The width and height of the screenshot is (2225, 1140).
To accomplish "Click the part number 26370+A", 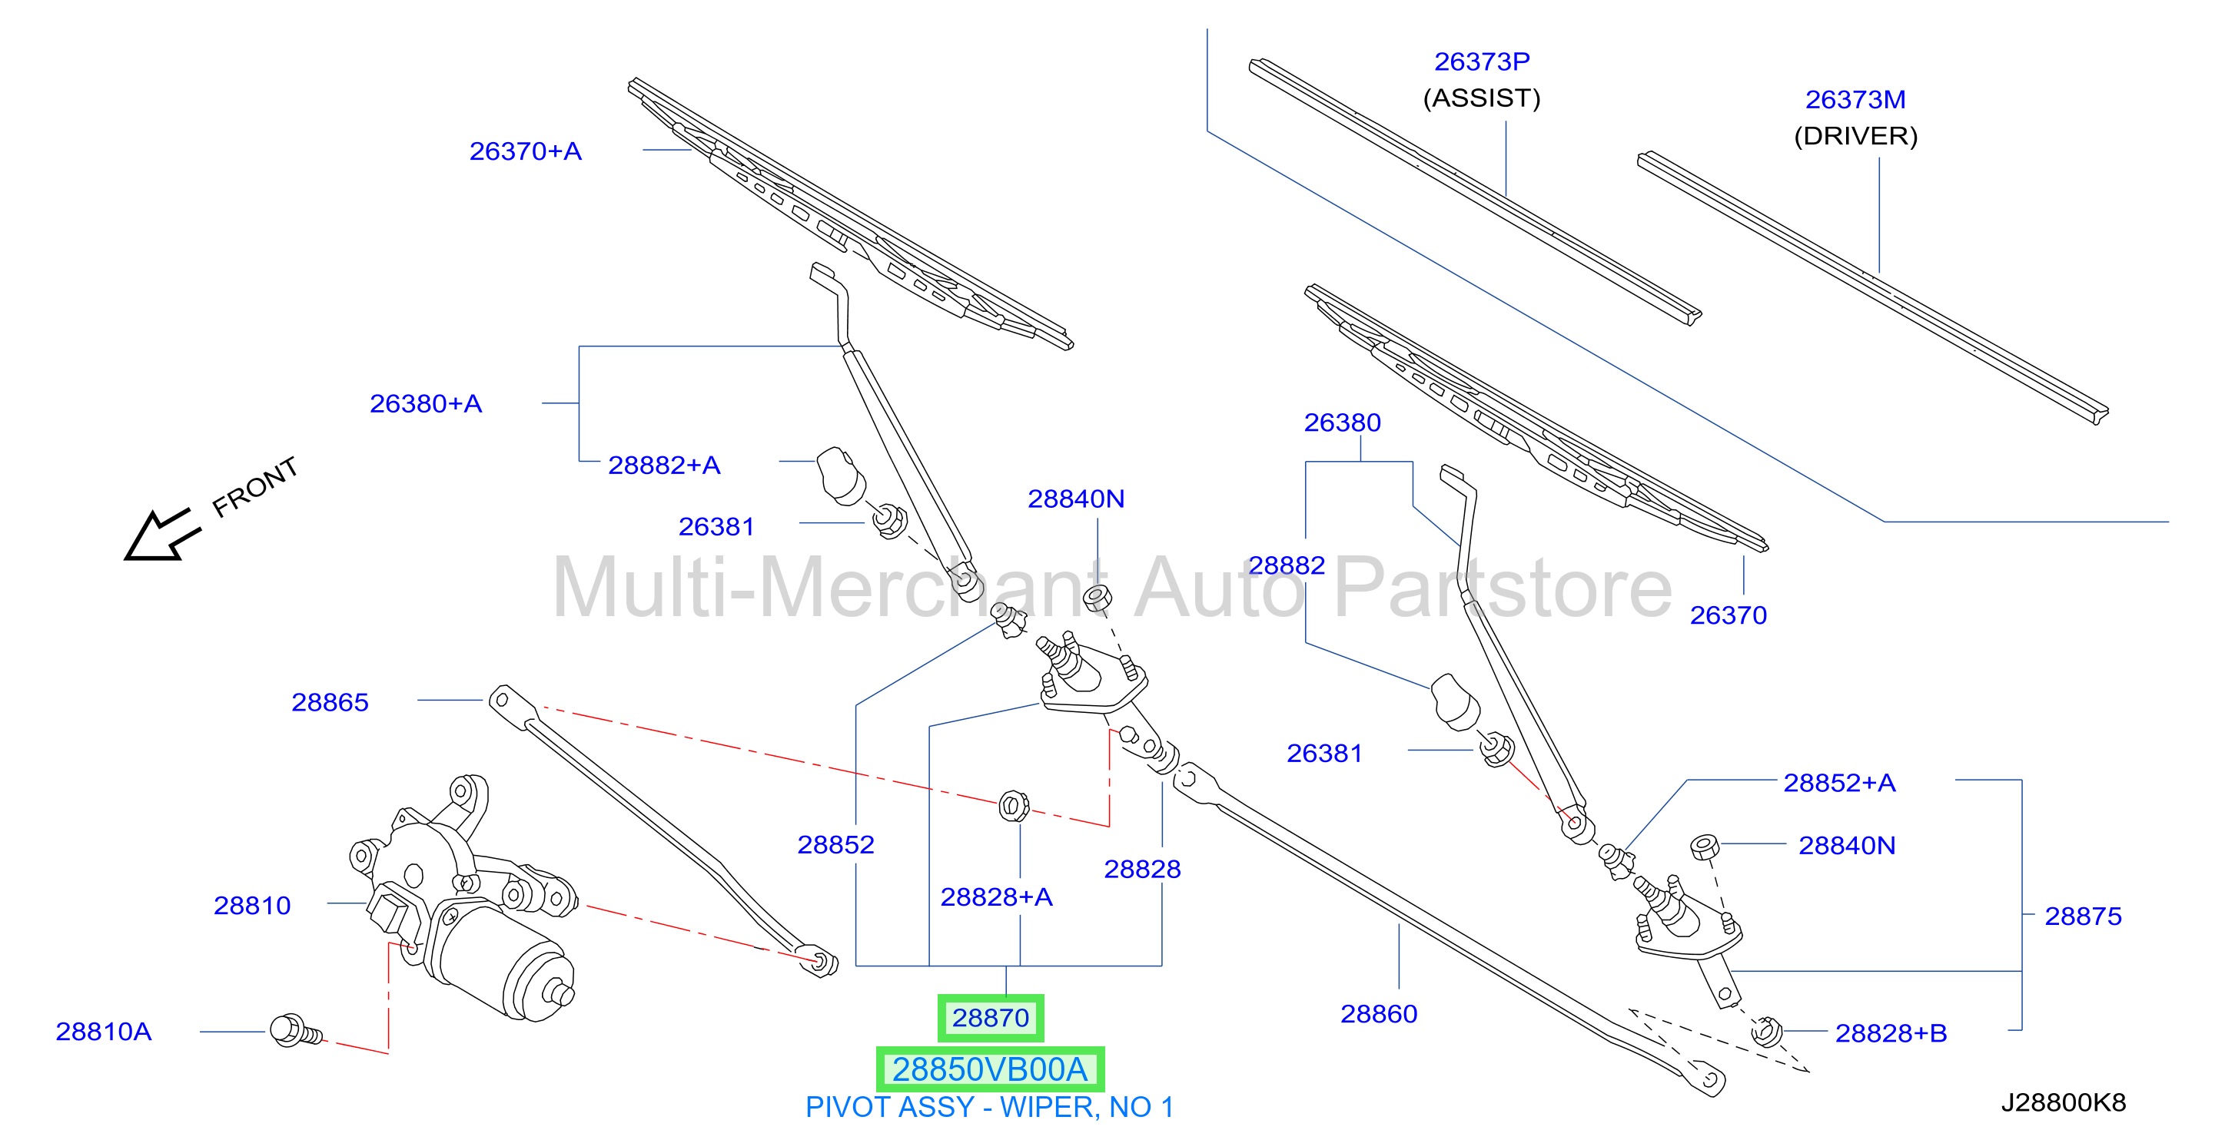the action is click(x=525, y=151).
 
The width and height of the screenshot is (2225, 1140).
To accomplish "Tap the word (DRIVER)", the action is click(x=1855, y=136).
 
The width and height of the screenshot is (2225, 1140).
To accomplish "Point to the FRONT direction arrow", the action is click(x=162, y=535).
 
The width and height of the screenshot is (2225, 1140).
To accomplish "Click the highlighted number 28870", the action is click(x=990, y=1017).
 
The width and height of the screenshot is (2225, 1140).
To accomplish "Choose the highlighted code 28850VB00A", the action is click(x=990, y=1069).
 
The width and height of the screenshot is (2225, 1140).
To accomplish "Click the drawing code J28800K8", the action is click(x=2064, y=1102).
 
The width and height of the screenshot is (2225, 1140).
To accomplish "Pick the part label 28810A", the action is click(x=104, y=1031).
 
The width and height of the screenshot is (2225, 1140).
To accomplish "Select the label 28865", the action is click(x=330, y=702).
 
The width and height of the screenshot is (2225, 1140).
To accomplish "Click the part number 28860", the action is click(x=1379, y=1013).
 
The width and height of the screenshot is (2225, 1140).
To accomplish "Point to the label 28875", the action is click(x=2083, y=916).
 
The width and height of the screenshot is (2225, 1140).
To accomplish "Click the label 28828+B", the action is click(x=1891, y=1033).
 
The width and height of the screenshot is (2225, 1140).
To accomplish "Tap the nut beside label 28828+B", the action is click(x=1766, y=1030).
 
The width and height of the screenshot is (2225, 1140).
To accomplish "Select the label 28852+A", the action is click(x=1839, y=783).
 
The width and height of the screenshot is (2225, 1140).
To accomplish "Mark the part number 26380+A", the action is click(x=426, y=403).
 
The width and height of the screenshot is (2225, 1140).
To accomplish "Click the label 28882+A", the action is click(x=664, y=465).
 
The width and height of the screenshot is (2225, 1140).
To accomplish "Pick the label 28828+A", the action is click(x=996, y=896).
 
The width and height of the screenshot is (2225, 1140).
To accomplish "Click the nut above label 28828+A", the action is click(x=1013, y=806).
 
